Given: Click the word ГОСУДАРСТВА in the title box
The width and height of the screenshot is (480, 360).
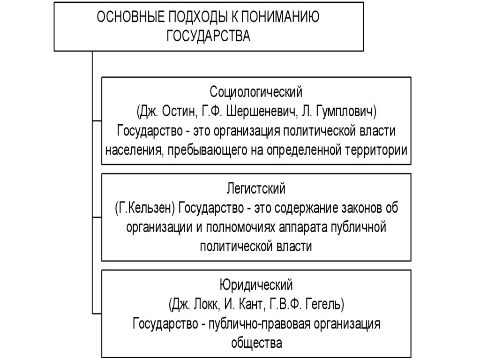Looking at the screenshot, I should click(209, 36).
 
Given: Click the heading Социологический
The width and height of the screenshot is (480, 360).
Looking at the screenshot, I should click(256, 91).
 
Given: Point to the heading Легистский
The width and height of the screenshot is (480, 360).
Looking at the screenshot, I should click(256, 189).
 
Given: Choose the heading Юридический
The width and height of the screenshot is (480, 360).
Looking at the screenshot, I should click(256, 285).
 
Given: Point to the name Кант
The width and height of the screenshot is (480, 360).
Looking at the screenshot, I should click(250, 304).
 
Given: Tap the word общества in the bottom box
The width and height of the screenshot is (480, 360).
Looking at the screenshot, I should click(256, 343).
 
